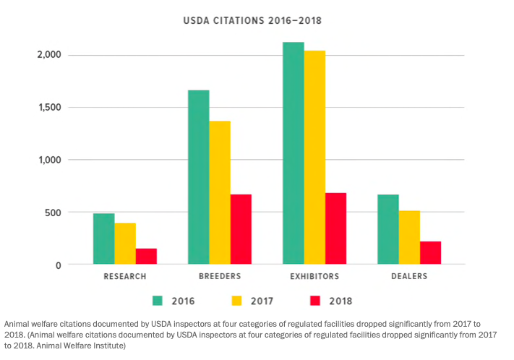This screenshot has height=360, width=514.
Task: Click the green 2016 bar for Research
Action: pos(103,239)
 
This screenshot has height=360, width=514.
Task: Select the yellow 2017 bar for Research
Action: pos(125,244)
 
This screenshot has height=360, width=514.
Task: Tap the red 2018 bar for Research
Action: pos(146,257)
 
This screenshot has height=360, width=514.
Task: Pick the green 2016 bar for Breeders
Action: pos(198,178)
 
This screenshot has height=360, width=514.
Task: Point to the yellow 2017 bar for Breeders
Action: pos(220,193)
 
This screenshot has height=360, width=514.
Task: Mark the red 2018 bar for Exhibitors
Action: pos(335,229)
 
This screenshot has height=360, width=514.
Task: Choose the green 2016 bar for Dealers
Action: pos(388,230)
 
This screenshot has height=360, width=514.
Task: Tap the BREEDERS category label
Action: pos(219,276)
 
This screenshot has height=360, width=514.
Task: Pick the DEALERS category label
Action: pos(408,276)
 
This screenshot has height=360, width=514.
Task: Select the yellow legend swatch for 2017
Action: pos(235,300)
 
